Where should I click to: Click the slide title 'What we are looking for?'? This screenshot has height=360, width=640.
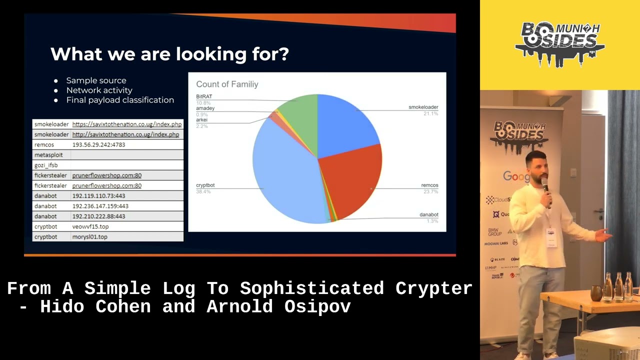pyautogui.click(x=169, y=54)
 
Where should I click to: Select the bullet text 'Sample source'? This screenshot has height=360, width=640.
pyautogui.click(x=96, y=80)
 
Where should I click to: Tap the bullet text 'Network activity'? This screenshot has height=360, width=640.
pyautogui.click(x=99, y=90)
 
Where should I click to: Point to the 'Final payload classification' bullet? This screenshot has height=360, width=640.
pyautogui.click(x=120, y=100)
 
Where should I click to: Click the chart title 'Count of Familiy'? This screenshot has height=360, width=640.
pyautogui.click(x=227, y=84)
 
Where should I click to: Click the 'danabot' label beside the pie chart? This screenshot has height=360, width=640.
pyautogui.click(x=428, y=215)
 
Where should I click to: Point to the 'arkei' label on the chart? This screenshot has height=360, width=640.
pyautogui.click(x=201, y=120)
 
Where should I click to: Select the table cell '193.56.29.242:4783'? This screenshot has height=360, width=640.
pyautogui.click(x=98, y=145)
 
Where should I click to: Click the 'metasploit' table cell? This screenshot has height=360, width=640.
pyautogui.click(x=48, y=155)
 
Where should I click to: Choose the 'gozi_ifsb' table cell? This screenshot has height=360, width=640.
pyautogui.click(x=46, y=165)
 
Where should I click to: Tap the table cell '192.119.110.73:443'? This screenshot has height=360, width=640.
pyautogui.click(x=98, y=196)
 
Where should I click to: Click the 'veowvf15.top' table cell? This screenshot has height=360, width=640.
pyautogui.click(x=90, y=226)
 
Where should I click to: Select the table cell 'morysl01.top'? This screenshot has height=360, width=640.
pyautogui.click(x=89, y=237)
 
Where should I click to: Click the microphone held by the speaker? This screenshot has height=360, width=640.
pyautogui.click(x=546, y=187)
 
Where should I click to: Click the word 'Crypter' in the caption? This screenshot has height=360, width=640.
pyautogui.click(x=433, y=288)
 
